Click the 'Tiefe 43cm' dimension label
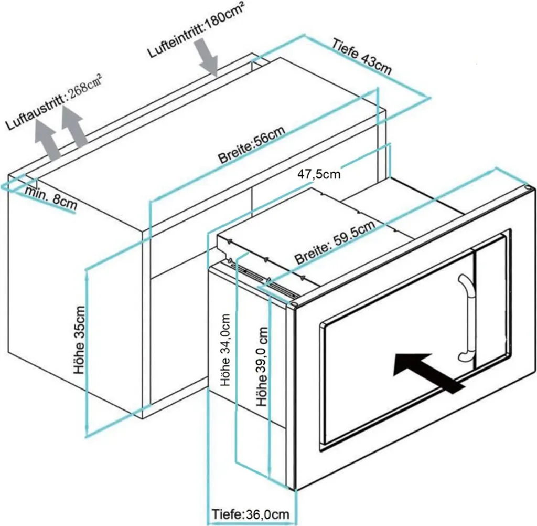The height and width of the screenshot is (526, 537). coord(361,57)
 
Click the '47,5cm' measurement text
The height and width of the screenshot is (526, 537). coord(319,174)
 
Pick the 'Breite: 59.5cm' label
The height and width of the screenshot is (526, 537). coord(335,242)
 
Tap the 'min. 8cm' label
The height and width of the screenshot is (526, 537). coord(51,198)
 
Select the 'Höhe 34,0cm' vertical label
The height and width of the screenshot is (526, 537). coord(226,350)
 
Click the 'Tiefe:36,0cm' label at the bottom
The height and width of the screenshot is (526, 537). coord(250,514)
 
